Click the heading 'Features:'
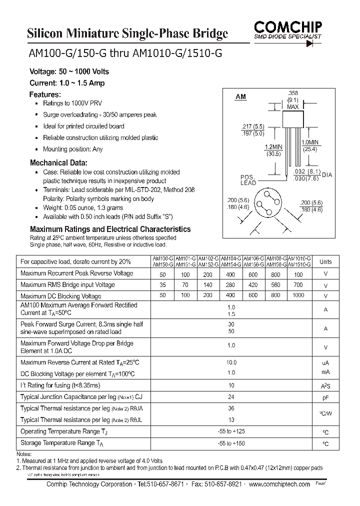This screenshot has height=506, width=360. [x=45, y=94]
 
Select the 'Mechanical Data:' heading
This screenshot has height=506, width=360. [x=58, y=163]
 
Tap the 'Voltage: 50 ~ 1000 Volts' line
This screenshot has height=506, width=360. [x=69, y=72]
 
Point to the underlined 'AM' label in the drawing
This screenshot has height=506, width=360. [x=240, y=96]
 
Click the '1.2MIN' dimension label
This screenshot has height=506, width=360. [x=273, y=146]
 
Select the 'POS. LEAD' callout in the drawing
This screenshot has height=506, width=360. [x=248, y=180]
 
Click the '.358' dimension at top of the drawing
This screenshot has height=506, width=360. [x=293, y=93]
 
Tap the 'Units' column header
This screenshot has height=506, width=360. [x=325, y=261]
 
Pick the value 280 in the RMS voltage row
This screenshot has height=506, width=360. [x=230, y=284]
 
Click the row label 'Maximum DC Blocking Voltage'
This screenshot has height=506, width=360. [x=60, y=296]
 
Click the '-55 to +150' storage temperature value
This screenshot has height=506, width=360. [x=231, y=443]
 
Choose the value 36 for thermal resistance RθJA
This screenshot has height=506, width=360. [x=231, y=408]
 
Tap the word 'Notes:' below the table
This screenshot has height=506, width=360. [x=24, y=453]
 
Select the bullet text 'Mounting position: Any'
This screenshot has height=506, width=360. [x=73, y=149]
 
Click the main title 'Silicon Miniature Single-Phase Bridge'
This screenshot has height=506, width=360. [x=127, y=33]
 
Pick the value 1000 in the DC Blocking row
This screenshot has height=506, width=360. [x=298, y=295]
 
